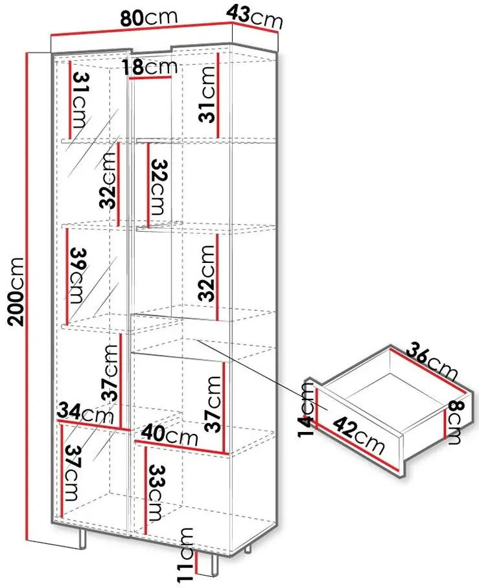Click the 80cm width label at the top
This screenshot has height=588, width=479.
pos(148,17)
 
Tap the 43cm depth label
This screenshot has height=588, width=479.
pos(255,17)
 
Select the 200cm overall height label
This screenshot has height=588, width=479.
pos(17,291)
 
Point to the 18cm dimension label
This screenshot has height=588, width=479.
pos(150,67)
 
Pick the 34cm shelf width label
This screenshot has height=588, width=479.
pos(85,413)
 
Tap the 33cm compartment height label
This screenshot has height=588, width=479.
pos(155,492)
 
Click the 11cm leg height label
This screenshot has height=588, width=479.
pos(187,555)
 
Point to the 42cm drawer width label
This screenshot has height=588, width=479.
pos(358,435)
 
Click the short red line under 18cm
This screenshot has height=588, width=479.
pos(150,78)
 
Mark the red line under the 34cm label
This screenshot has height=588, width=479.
pos(94,425)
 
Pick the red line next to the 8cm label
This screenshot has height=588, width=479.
pos(445,424)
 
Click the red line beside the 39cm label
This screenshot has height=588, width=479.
pos(67,277)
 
